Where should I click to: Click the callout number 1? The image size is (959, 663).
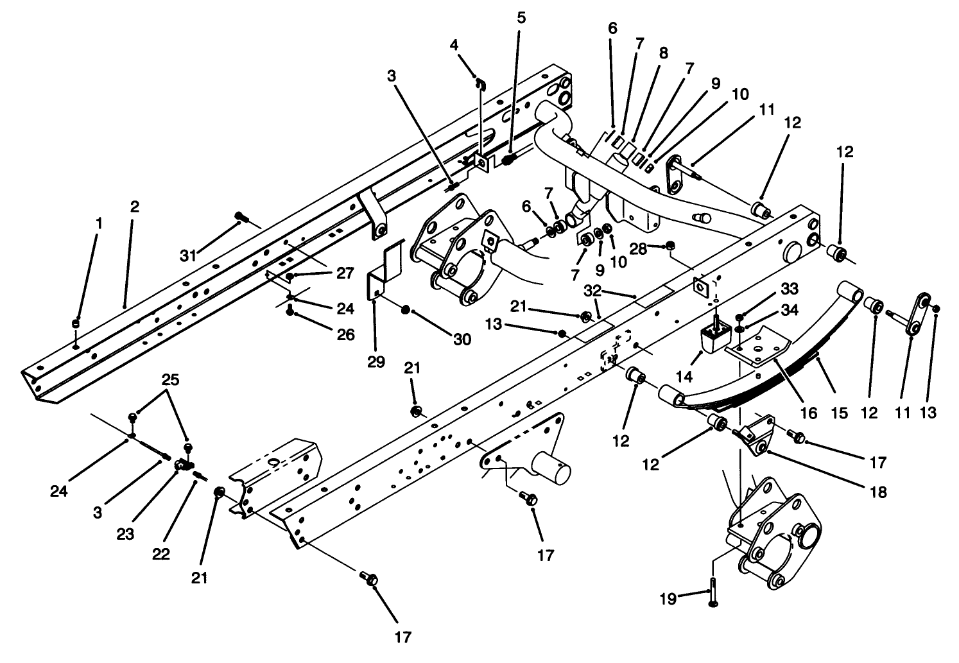click(x=98, y=223)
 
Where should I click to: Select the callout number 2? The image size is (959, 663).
click(x=134, y=207)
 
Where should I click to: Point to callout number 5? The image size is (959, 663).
click(x=521, y=17)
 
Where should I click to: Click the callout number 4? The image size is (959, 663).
click(x=454, y=45)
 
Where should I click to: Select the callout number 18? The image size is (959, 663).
click(x=878, y=492)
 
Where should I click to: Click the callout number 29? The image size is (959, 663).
click(x=376, y=361)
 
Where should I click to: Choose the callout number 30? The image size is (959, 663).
click(x=461, y=340)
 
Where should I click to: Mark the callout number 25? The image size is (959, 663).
click(x=170, y=379)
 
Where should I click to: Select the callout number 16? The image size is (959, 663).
click(x=808, y=414)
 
